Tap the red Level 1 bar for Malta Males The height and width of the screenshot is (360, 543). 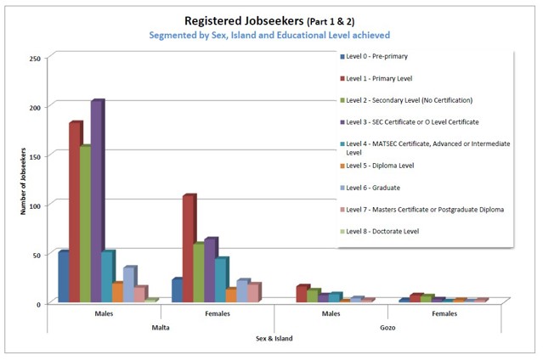(x=75, y=212)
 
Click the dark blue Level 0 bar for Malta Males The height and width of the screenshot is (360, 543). (x=63, y=277)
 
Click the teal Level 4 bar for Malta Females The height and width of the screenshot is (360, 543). (x=220, y=279)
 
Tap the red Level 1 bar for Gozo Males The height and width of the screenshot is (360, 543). (x=301, y=294)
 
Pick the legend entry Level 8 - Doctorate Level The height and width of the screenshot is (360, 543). (x=382, y=231)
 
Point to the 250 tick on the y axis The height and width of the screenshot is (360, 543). (x=35, y=58)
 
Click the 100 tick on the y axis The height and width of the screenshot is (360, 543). (x=35, y=205)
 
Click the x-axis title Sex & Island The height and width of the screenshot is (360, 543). (x=274, y=338)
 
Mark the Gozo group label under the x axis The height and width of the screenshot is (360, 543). (x=388, y=326)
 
